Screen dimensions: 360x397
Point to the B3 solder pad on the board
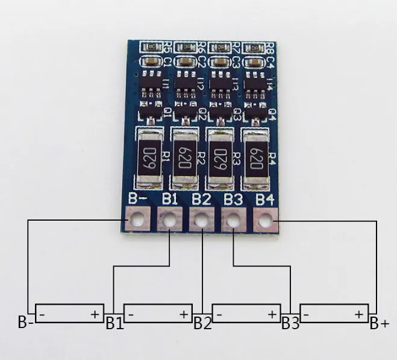point(233,221)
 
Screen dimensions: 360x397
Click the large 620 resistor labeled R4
point(254,160)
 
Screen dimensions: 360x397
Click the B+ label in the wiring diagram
point(379,323)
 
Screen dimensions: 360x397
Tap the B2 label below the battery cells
point(202,323)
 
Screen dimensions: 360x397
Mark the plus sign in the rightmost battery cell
point(358,314)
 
